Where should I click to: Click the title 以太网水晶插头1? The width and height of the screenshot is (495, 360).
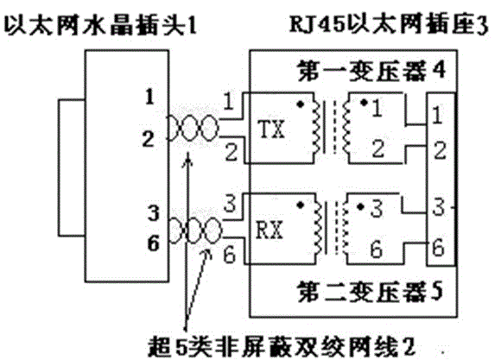[100, 25]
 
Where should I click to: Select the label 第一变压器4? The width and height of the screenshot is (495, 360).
[371, 70]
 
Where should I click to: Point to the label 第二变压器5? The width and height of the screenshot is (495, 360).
[370, 292]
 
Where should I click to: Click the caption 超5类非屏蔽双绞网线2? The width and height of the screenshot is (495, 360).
[282, 346]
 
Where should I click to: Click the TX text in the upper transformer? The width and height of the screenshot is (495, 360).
[271, 129]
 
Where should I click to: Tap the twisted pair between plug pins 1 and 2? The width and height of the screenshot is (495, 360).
[193, 128]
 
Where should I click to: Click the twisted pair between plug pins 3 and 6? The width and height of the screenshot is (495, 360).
[196, 231]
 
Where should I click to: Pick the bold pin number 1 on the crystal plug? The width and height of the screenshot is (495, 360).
[150, 97]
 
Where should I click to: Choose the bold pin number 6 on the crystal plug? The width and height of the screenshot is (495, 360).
[154, 243]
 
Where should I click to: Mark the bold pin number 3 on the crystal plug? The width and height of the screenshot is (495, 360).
[154, 213]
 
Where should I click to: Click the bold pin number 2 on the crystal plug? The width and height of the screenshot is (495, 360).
[148, 139]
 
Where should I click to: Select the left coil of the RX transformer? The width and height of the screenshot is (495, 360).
[318, 227]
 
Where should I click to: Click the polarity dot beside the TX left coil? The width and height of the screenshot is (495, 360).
[301, 104]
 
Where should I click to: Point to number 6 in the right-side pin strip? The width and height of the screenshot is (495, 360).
[438, 248]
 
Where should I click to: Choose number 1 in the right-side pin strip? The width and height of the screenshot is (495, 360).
[436, 115]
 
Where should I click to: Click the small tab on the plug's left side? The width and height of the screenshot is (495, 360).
[72, 167]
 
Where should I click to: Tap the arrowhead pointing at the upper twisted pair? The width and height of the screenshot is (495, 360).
[188, 160]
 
